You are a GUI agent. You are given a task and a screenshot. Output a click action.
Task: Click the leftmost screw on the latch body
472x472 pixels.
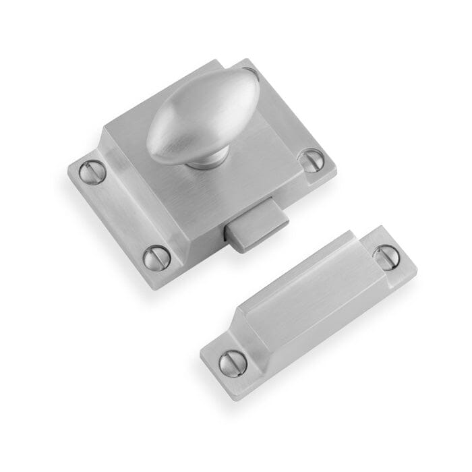(92, 173)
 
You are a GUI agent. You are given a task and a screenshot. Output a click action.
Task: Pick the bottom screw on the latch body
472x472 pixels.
(156, 257)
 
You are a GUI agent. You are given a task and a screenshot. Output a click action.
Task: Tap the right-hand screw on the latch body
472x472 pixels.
(311, 160)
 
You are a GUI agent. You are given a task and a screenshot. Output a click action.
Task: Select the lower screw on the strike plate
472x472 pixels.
(233, 363)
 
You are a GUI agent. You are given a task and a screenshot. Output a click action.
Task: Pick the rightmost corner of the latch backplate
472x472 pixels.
(336, 166)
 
